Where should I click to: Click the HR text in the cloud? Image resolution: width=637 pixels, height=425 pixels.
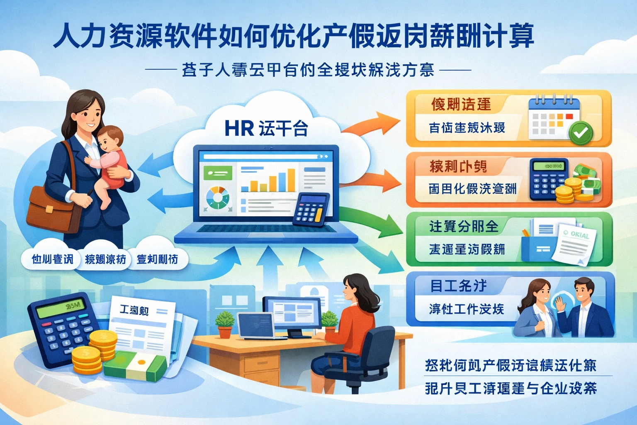pyautogui.click(x=239, y=128)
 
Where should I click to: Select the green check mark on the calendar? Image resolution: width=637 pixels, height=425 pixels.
pyautogui.click(x=581, y=133)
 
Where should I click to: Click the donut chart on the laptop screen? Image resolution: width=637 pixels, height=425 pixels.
pyautogui.click(x=218, y=199)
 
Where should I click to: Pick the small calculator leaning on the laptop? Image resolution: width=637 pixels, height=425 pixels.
pyautogui.click(x=311, y=210)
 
